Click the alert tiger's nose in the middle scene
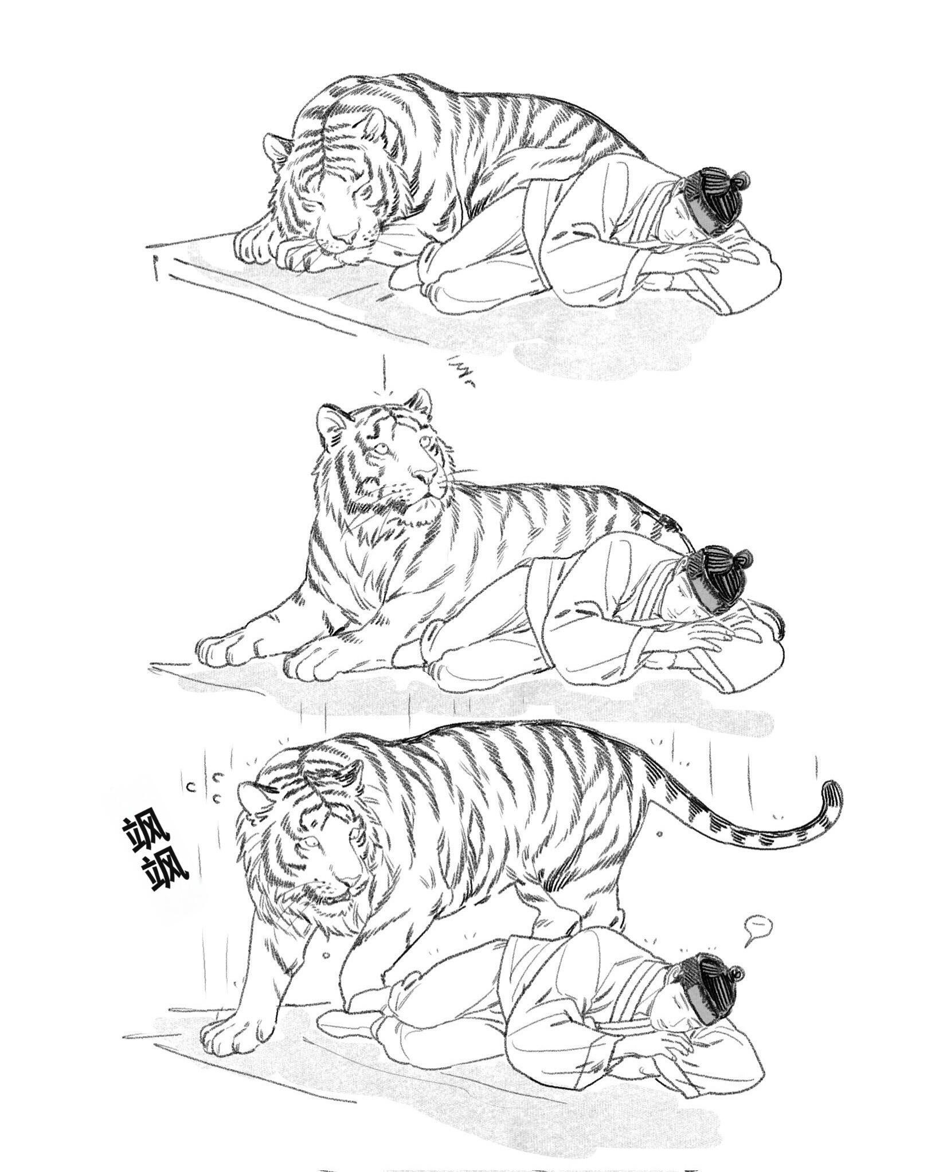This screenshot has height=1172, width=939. (x=426, y=475)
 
